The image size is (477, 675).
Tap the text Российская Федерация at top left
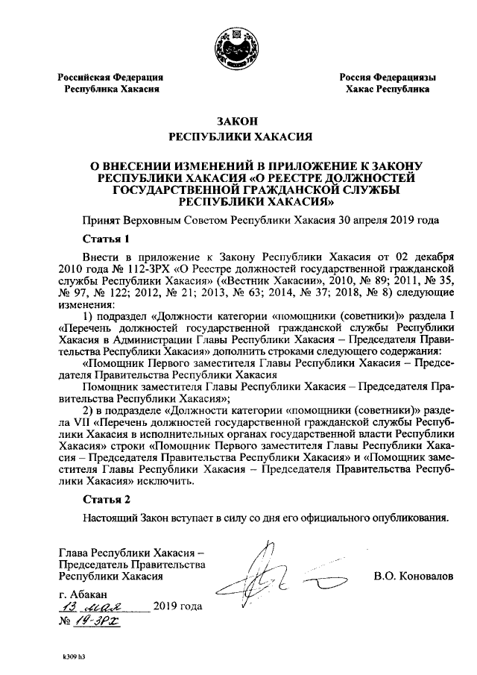pyautogui.click(x=112, y=78)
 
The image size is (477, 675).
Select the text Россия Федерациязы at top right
pyautogui.click(x=388, y=78)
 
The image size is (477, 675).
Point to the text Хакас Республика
pyautogui.click(x=388, y=89)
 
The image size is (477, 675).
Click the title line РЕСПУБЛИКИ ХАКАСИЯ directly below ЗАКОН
pyautogui.click(x=238, y=136)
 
